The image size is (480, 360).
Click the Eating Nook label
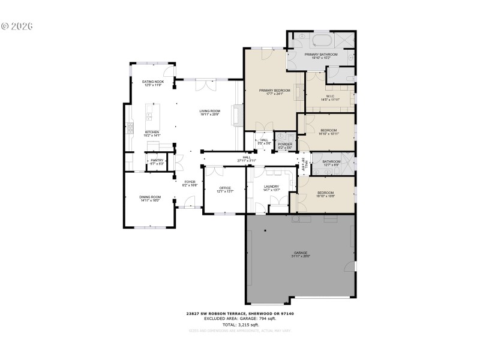pos(153,82)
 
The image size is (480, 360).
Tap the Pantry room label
pos(157,160)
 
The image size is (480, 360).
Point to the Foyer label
pos(190,181)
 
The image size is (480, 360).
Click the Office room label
pos(225,188)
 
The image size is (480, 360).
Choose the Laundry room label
pos(271,187)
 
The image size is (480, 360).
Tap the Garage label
pos(300,253)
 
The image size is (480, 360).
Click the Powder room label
pos(285,144)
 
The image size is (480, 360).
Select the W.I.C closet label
pos(330,96)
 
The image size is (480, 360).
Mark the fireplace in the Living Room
pos(239,113)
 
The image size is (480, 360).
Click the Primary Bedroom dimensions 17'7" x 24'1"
pos(274,94)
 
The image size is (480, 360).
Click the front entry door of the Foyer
pos(191,203)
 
